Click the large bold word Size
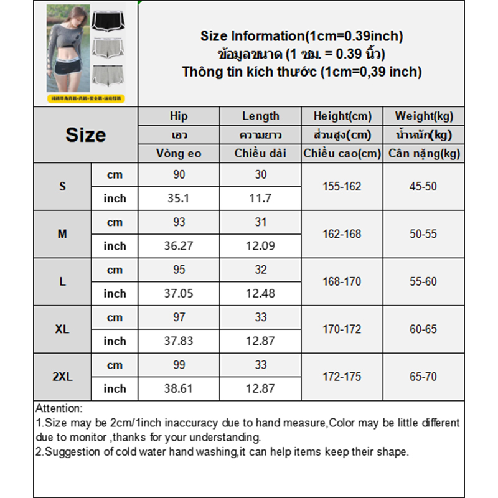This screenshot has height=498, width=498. point(85,135)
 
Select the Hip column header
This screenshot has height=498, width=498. point(178,116)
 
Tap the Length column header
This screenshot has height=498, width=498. point(260,116)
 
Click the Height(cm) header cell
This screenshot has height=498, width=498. point(342,116)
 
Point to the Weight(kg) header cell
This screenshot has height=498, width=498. point(423,116)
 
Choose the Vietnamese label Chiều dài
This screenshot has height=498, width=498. point(260,153)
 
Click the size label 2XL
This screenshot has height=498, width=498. point(62,377)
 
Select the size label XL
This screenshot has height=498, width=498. point(62,329)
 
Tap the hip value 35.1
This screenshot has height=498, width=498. point(178,199)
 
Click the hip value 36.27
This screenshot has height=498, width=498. point(178,246)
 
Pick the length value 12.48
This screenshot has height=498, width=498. point(260,293)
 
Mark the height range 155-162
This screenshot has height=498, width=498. point(342,187)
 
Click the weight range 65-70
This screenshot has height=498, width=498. point(423,377)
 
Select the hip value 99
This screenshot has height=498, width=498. point(179,365)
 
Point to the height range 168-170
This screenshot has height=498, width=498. point(342,281)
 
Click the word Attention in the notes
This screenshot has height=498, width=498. point(59,409)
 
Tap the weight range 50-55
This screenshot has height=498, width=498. point(423,234)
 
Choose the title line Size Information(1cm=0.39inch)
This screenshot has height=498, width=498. point(301,36)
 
